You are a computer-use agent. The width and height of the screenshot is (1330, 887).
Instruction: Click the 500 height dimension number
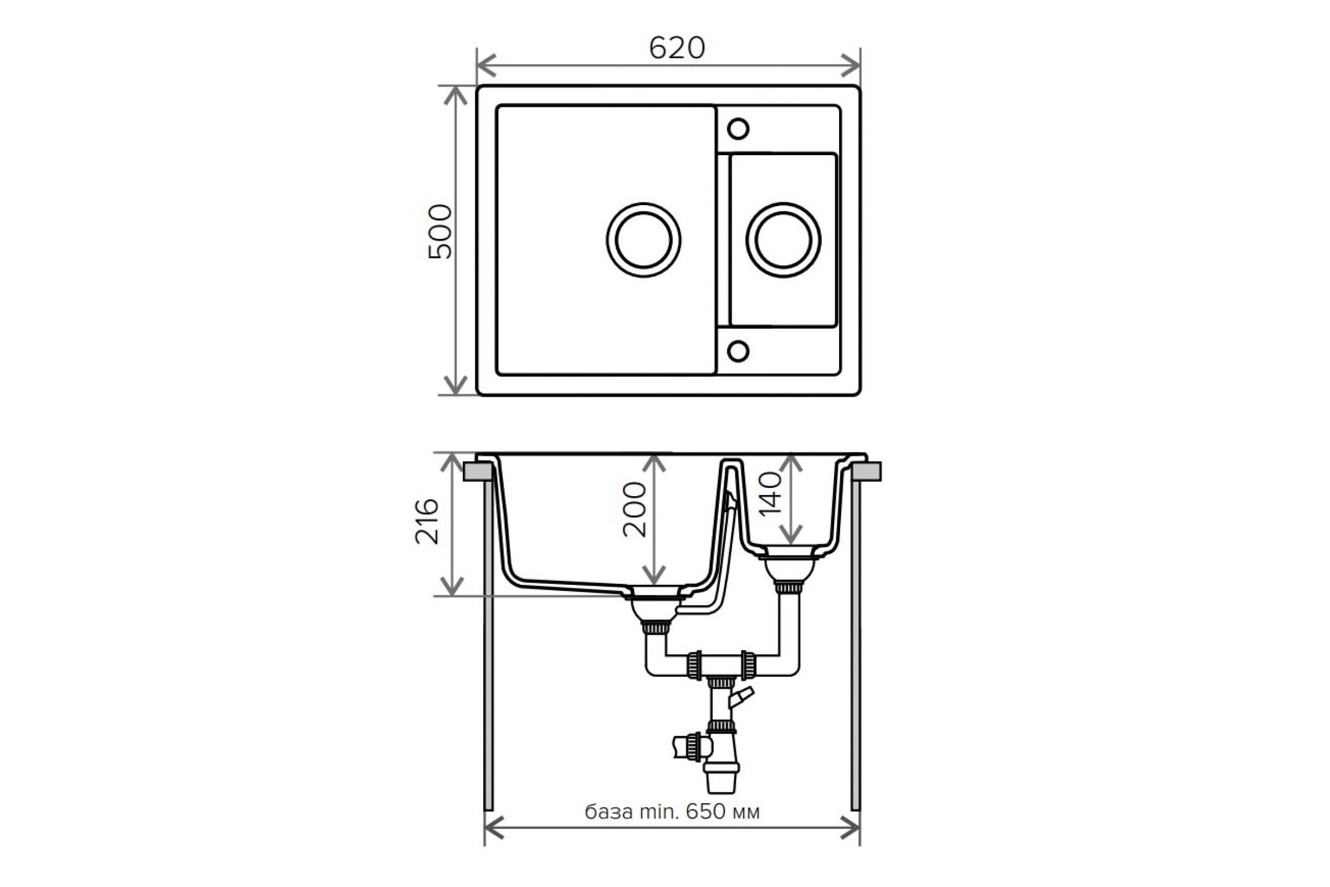point(441,232)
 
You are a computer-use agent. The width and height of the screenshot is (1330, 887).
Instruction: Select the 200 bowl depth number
point(635,509)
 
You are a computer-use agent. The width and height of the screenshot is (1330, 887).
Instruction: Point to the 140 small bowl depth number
point(770,495)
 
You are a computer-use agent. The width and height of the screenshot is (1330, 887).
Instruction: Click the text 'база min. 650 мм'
point(672,812)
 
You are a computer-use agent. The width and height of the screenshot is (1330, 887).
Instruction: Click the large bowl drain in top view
point(643,240)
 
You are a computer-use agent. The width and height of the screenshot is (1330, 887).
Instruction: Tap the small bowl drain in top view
point(783,240)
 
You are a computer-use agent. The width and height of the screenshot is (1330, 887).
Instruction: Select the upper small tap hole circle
point(738,129)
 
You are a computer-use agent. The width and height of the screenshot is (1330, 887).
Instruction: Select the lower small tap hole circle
point(738,351)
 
